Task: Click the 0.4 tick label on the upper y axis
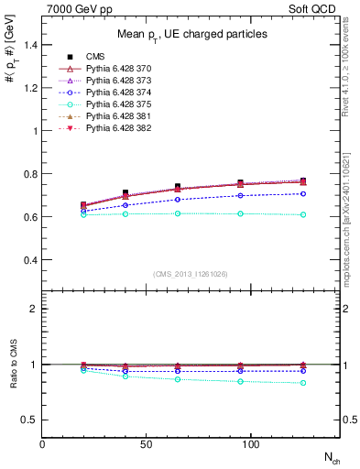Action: [31, 260]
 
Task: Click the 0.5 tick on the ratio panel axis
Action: [31, 420]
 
